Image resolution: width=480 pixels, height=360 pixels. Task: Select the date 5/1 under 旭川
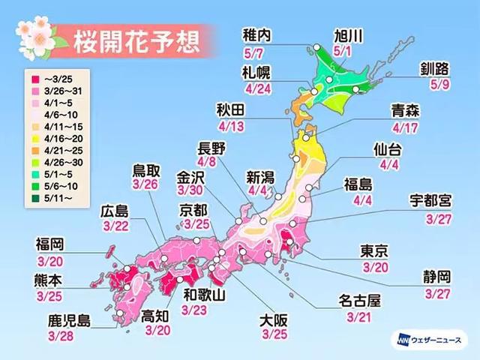[x=352, y=52]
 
